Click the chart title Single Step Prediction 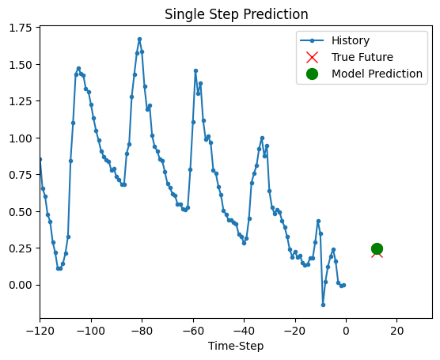(236, 14)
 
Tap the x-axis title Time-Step (236, 346)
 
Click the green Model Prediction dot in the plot (377, 248)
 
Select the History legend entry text (351, 40)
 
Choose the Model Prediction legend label (377, 74)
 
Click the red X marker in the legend (312, 57)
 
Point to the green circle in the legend (312, 74)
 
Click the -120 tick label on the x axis (39, 330)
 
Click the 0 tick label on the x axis (346, 330)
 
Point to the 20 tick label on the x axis (397, 330)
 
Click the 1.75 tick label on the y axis (19, 28)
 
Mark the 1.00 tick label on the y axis (19, 138)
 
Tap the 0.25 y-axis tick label (19, 248)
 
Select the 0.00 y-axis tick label (19, 285)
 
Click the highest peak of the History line (139, 39)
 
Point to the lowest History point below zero (323, 305)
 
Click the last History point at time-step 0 (343, 285)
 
